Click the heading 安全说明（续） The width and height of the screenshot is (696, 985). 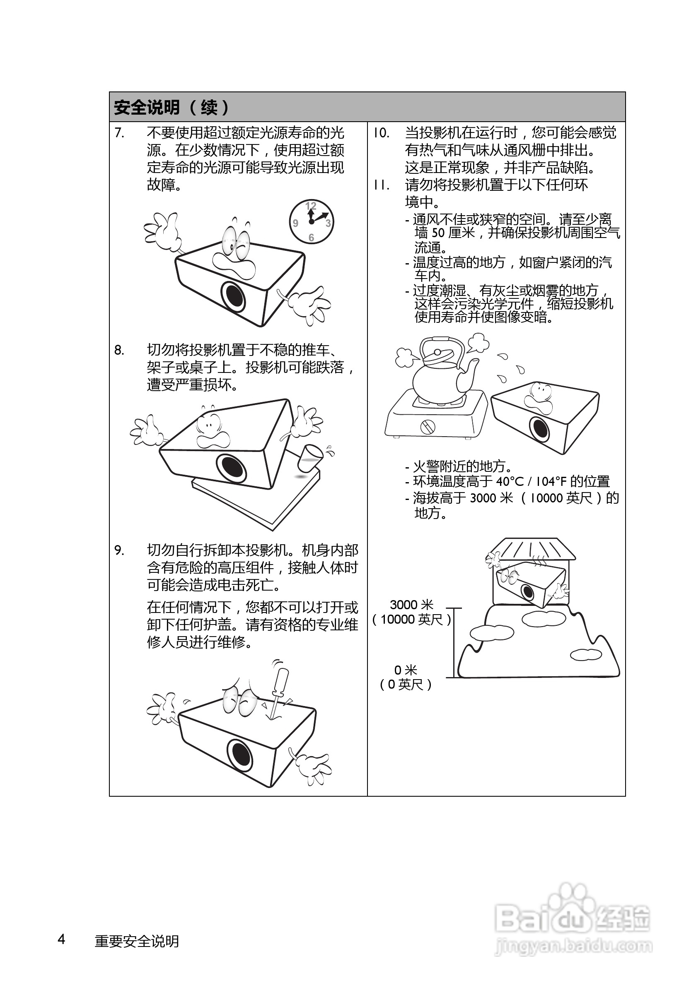(172, 107)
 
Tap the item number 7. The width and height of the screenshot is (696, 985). (119, 133)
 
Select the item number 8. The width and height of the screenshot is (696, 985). (119, 351)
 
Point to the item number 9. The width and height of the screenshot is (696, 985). (119, 550)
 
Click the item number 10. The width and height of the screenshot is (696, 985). (381, 133)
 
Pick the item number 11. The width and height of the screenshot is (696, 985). (381, 185)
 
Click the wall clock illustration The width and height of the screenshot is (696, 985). (311, 222)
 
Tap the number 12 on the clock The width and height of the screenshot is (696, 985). (311, 207)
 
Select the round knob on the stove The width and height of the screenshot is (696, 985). (427, 426)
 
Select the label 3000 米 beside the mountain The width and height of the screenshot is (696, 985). (411, 605)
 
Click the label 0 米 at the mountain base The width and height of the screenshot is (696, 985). (405, 670)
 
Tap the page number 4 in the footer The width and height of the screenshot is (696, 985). (61, 939)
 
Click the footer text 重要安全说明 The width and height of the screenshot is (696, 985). (137, 941)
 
